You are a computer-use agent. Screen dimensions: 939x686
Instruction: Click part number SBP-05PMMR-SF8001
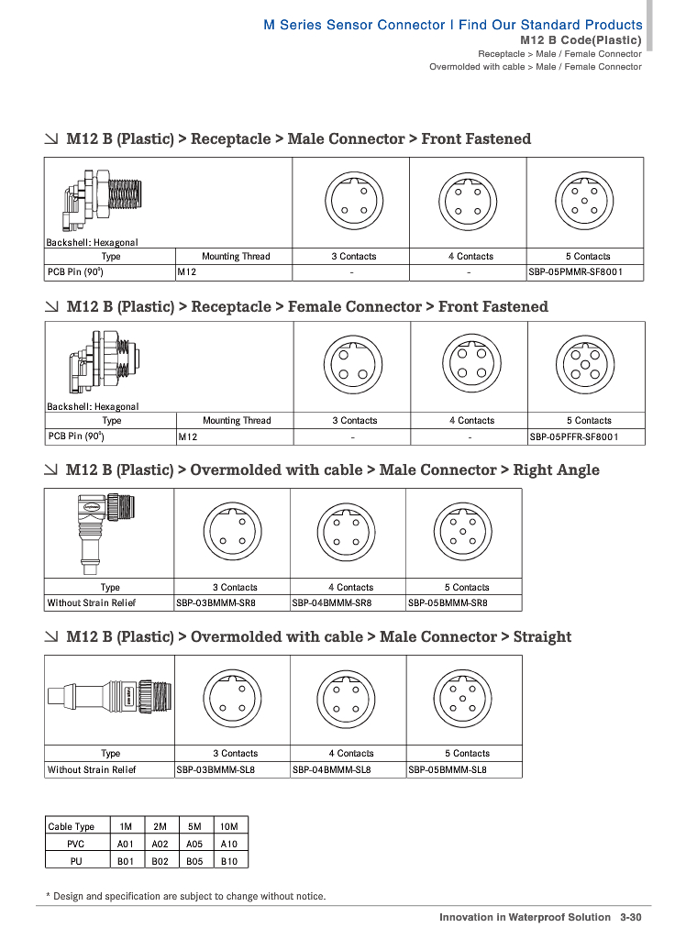coord(573,272)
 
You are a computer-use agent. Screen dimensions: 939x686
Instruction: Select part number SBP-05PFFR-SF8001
coord(574,436)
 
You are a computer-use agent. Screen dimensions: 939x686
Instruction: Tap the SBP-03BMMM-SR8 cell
coord(216,603)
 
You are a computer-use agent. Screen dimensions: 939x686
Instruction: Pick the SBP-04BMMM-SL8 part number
coord(332,770)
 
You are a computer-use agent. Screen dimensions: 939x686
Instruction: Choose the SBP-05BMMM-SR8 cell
coord(448,603)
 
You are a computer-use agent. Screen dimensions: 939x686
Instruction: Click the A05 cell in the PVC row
coord(194,844)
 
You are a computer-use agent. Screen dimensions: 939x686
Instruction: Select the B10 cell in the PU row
coord(229,861)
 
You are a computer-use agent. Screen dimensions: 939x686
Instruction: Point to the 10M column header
coord(229,826)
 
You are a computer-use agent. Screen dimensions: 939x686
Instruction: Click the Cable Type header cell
coord(72,826)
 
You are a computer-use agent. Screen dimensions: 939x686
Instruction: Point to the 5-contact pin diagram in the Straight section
coord(463,697)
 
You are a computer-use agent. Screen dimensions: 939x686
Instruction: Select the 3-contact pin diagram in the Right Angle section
coord(231,531)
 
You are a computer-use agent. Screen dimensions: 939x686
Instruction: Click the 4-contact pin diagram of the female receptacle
coord(469,363)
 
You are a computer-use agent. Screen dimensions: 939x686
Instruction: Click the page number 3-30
coord(630,917)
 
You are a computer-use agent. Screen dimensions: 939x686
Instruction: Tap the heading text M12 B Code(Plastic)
coord(581,40)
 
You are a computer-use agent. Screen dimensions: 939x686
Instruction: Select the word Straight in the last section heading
coord(542,636)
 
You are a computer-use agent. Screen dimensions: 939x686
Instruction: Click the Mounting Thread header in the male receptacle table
coord(236,257)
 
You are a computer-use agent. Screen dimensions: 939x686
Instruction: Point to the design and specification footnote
coord(189,896)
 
